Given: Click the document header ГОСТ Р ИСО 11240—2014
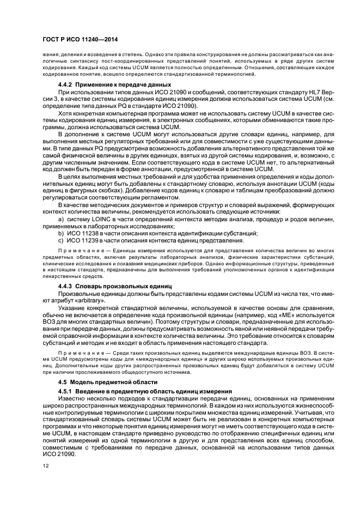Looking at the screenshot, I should (80, 39).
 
